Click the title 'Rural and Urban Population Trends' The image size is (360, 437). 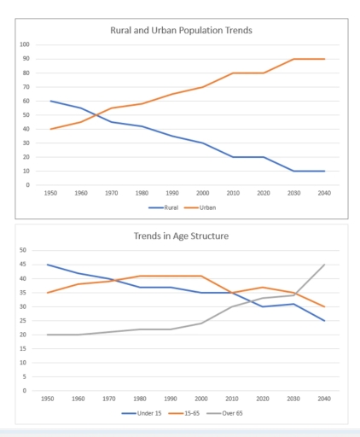(181, 30)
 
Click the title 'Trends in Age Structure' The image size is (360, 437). (181, 236)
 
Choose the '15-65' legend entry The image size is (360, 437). (183, 413)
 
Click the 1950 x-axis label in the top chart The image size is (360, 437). (50, 194)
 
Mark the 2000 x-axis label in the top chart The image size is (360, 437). (203, 194)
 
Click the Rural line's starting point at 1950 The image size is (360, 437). (50, 101)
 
